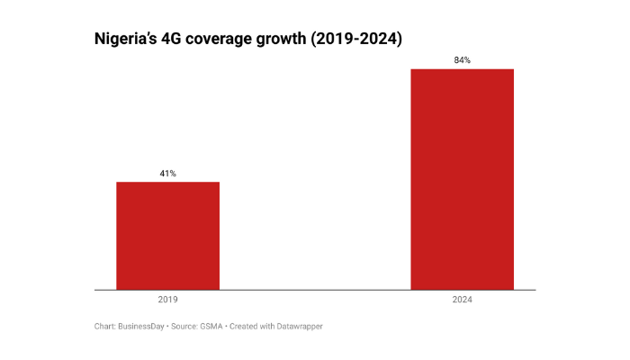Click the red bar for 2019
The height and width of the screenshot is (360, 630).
click(167, 236)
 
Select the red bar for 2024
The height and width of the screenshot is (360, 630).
click(462, 179)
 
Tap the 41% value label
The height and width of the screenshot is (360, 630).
click(167, 174)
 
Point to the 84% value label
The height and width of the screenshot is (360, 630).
click(462, 60)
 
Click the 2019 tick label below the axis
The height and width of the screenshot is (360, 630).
click(167, 300)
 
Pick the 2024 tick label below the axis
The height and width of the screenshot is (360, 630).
click(462, 300)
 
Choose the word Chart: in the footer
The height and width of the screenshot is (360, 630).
click(104, 326)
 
